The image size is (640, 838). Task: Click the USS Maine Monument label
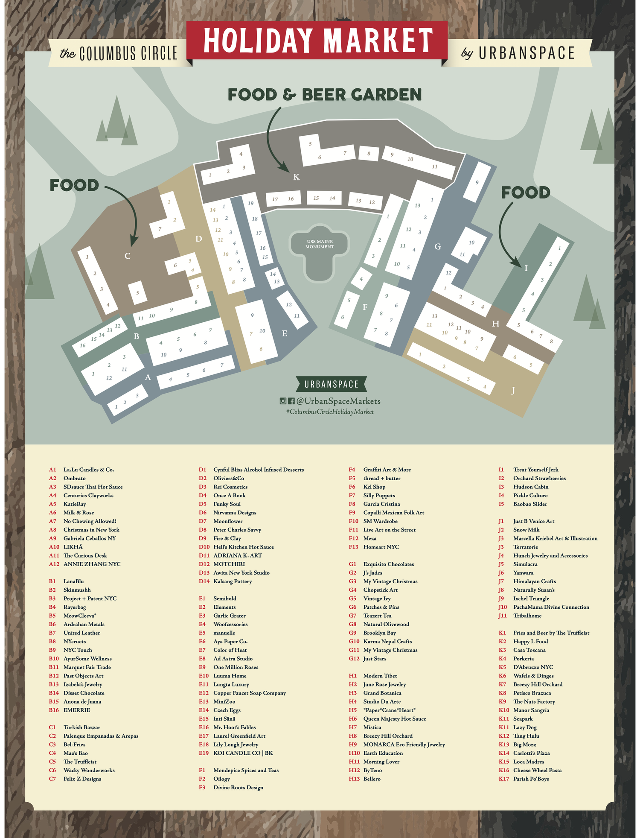320,244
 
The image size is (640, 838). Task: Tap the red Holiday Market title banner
318,40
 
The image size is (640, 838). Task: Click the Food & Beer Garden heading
324,95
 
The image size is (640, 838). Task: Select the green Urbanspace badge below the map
331,384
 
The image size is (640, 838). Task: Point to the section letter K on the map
296,177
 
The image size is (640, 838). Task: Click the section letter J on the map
513,390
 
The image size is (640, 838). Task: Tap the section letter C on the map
127,256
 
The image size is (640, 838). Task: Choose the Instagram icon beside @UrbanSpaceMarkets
283,401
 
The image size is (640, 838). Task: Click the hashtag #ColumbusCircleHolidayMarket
330,412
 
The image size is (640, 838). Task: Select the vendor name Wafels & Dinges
533,676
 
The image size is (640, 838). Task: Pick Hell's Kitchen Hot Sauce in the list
244,547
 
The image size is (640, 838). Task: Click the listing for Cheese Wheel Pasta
537,770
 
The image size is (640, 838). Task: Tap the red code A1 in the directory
52,470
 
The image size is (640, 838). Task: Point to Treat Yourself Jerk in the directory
535,470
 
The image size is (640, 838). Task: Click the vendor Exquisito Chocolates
388,564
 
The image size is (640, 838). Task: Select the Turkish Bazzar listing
82,727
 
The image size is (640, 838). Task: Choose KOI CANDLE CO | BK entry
243,753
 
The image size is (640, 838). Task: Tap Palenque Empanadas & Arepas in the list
101,736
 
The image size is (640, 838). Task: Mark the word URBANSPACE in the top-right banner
527,53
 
